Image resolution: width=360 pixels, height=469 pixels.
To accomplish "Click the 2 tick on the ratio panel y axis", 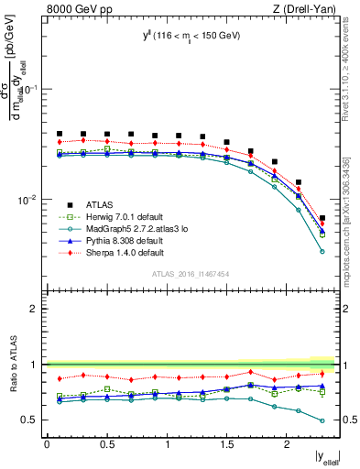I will (33, 309).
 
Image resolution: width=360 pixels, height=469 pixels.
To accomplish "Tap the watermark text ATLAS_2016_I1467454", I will (191, 274).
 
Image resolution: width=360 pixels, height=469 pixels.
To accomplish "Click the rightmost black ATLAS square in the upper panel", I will (322, 218).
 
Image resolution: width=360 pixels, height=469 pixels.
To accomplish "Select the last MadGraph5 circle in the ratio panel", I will (322, 421).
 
